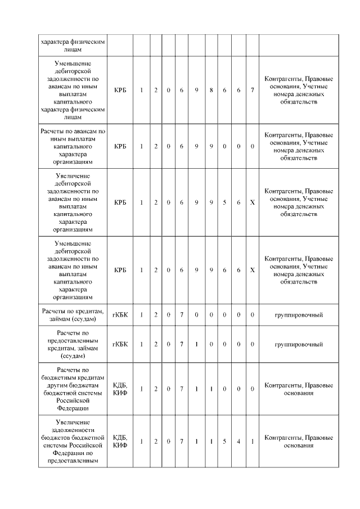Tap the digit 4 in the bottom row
[238, 441]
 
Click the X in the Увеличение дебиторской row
[253, 202]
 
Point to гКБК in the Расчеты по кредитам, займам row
[120, 315]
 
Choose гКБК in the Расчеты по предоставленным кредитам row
[120, 344]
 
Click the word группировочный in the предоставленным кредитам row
[298, 344]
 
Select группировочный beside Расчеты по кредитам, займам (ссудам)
[298, 315]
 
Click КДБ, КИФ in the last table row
[120, 441]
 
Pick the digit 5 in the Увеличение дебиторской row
[224, 202]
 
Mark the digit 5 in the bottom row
[224, 441]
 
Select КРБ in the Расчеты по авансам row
[120, 146]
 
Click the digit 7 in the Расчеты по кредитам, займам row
[182, 315]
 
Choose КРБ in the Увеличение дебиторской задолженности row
[120, 202]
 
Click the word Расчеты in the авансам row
[54, 131]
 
